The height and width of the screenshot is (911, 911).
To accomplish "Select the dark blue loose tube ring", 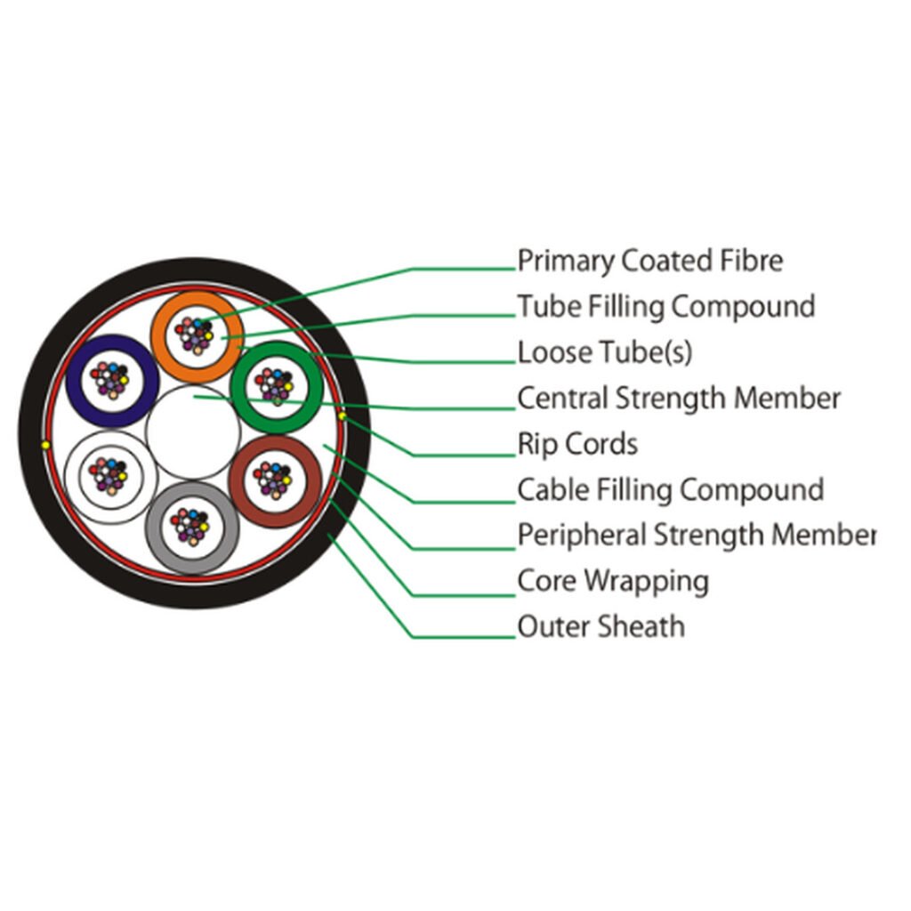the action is [74, 381].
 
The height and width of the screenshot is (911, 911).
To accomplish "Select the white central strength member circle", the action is [193, 432].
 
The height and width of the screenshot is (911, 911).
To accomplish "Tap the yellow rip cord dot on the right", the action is [343, 416].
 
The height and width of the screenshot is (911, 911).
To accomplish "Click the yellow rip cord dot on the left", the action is [46, 446].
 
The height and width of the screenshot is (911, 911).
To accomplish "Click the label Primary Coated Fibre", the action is [650, 261].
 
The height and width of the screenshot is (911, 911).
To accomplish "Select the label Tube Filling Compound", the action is [665, 306].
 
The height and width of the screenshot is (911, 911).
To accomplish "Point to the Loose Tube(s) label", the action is [605, 352].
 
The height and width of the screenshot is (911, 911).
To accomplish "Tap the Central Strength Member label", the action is [679, 398].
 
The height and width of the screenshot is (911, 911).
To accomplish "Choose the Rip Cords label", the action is [577, 444].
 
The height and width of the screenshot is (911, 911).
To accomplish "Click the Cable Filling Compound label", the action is [671, 490].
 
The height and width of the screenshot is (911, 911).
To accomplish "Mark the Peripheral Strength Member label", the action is [696, 535].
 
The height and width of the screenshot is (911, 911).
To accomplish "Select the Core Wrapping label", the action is [613, 581].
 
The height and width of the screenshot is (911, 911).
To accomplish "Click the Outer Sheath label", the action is [601, 626].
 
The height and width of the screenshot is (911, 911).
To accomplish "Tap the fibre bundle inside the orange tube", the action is [196, 335].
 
